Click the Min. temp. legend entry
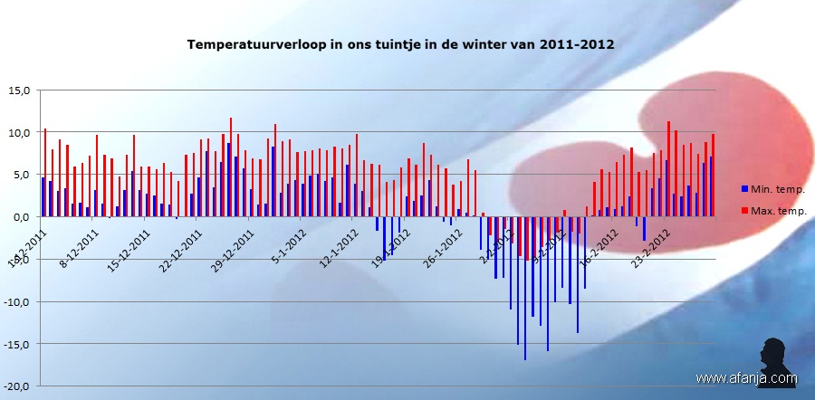click(772, 189)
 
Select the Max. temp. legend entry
click(772, 211)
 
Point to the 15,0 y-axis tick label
click(20, 90)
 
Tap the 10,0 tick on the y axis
click(20, 133)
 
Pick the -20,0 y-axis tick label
click(18, 386)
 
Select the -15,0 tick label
click(18, 344)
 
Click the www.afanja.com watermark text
click(746, 378)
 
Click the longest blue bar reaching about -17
click(525, 290)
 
